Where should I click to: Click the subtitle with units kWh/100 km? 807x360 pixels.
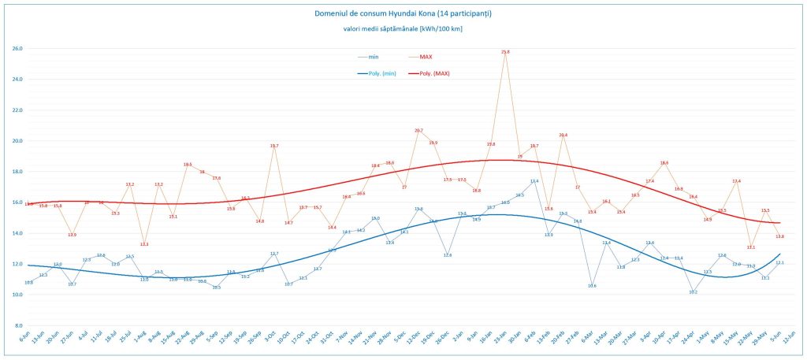(403, 29)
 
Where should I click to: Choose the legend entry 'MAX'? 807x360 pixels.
(426, 57)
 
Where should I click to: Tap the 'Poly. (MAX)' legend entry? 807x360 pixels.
(434, 73)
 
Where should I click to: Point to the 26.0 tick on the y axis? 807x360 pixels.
(17, 49)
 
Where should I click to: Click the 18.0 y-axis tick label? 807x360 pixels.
(17, 172)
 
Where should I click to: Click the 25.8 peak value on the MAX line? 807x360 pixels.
(505, 52)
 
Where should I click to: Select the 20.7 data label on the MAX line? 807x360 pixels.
(418, 131)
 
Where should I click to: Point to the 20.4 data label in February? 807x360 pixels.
(563, 135)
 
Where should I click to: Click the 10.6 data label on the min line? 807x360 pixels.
(592, 286)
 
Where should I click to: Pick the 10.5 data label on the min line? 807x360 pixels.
(216, 288)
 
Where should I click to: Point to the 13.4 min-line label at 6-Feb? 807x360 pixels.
(534, 181)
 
